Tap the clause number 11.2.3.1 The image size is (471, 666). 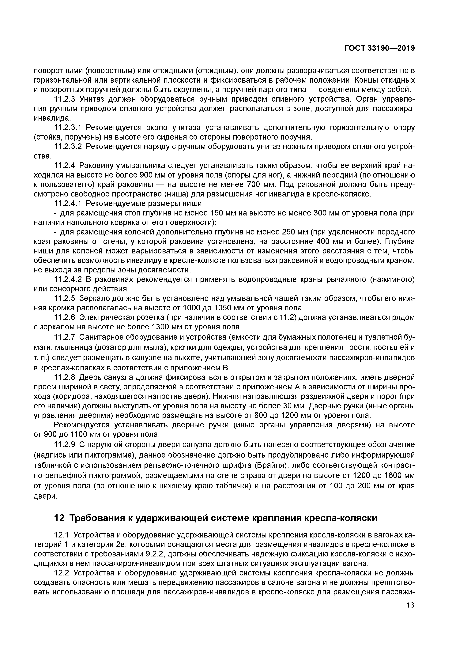(x=68, y=127)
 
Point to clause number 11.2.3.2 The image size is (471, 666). (x=68, y=147)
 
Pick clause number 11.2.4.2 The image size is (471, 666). (x=68, y=279)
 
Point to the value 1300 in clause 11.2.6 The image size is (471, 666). (x=161, y=327)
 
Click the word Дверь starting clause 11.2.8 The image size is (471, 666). (x=90, y=377)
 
